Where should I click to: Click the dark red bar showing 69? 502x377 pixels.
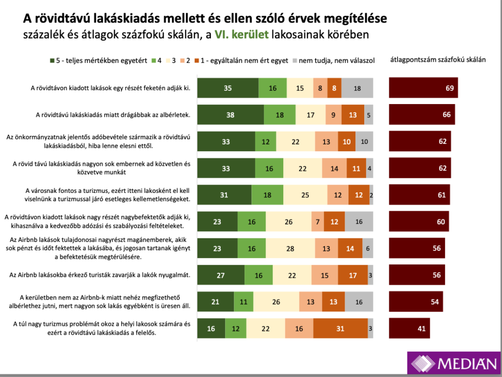tap(423, 88)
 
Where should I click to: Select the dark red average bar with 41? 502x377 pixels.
tap(409, 328)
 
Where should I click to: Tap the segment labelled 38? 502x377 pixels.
tap(230, 115)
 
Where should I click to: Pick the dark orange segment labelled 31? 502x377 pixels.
tap(340, 328)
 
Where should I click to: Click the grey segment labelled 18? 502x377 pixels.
tap(357, 88)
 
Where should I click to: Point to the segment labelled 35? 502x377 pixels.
tap(227, 88)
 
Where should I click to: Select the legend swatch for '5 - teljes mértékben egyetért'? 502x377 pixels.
tap(52, 60)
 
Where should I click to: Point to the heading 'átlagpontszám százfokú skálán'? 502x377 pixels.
tap(438, 60)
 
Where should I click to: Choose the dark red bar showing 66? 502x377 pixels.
tap(422, 115)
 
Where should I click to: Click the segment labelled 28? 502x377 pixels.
tap(290, 248)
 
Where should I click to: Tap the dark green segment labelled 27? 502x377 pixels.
tap(221, 275)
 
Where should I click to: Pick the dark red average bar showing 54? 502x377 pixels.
tap(416, 302)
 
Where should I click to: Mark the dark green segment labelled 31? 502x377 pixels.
tap(224, 195)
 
